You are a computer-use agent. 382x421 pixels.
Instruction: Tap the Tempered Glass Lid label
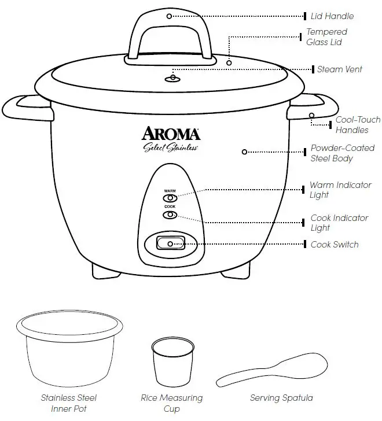(326, 37)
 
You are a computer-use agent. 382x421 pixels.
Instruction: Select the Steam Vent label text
(339, 69)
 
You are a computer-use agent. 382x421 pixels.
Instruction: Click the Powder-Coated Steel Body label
(342, 153)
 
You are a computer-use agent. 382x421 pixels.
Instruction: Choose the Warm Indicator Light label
(340, 190)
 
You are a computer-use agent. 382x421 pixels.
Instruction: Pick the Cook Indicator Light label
(339, 223)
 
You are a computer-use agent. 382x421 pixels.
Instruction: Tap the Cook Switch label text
(335, 245)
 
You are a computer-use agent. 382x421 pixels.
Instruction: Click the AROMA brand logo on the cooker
(172, 134)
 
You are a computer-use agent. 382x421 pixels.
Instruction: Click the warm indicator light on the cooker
(170, 198)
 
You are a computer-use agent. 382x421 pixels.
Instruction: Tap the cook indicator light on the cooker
(170, 215)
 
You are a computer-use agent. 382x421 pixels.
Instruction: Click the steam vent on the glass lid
(174, 78)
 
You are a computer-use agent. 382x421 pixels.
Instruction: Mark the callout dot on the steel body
(244, 152)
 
